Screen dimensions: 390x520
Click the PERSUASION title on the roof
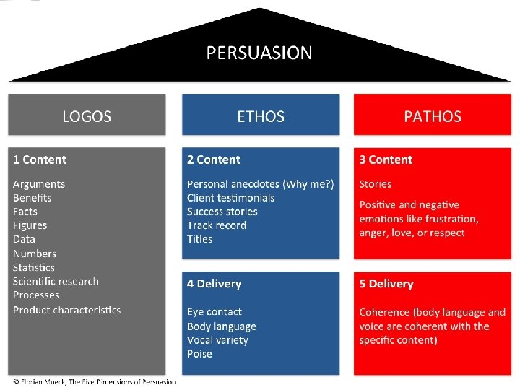pyautogui.click(x=259, y=53)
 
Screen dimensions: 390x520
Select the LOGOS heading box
pyautogui.click(x=87, y=116)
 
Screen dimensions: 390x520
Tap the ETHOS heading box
pyautogui.click(x=261, y=116)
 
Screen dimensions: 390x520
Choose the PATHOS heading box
pyautogui.click(x=433, y=116)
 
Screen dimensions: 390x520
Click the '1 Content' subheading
pyautogui.click(x=40, y=160)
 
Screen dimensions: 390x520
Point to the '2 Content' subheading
pyautogui.click(x=214, y=160)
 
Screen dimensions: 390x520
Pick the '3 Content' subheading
pyautogui.click(x=386, y=160)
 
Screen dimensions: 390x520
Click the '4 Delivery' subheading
pyautogui.click(x=214, y=284)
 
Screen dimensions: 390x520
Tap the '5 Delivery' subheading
pyautogui.click(x=386, y=284)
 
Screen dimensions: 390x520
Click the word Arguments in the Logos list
pyautogui.click(x=39, y=184)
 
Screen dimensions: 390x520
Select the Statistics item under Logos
pyautogui.click(x=34, y=267)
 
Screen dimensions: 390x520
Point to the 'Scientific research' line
pyautogui.click(x=56, y=281)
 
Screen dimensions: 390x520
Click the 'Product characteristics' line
pyautogui.click(x=66, y=310)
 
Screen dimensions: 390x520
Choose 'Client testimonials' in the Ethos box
pyautogui.click(x=230, y=198)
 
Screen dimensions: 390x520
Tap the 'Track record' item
pyautogui.click(x=216, y=225)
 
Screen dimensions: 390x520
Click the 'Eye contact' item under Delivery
pyautogui.click(x=214, y=312)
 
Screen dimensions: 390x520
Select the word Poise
pyautogui.click(x=199, y=354)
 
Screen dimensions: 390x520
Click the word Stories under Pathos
pyautogui.click(x=375, y=184)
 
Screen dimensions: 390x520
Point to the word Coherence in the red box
pyautogui.click(x=385, y=312)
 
